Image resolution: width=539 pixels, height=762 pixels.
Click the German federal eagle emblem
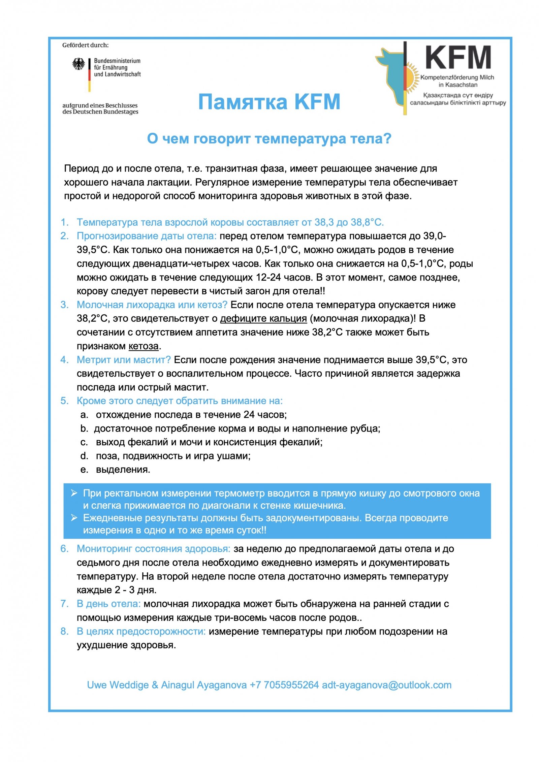click(78, 64)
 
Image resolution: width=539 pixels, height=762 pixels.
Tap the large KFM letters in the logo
click(458, 58)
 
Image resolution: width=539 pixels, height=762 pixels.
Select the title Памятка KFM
click(269, 102)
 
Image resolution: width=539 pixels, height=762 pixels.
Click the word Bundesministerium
click(117, 61)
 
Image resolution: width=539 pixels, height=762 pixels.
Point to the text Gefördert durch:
click(85, 45)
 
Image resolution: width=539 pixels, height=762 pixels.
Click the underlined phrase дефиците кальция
click(263, 318)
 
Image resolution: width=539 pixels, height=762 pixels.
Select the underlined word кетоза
click(144, 346)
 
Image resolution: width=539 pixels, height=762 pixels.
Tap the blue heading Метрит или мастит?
click(124, 360)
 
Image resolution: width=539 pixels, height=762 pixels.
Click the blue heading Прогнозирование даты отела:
click(147, 236)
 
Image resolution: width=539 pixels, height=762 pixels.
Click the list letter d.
click(84, 456)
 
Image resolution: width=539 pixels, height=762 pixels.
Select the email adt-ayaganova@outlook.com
click(386, 685)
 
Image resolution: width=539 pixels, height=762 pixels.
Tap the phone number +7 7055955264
click(284, 685)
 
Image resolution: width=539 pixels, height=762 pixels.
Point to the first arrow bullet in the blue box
click(74, 493)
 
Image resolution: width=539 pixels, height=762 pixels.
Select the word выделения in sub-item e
click(123, 470)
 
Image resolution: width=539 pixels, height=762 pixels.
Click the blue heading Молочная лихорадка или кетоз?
click(152, 305)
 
